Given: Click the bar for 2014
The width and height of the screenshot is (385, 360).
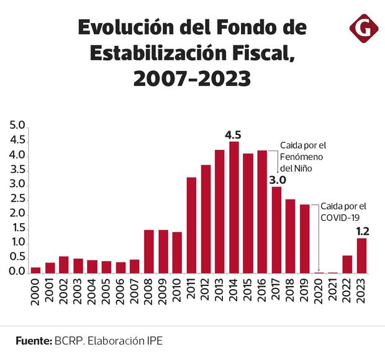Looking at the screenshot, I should (234, 208).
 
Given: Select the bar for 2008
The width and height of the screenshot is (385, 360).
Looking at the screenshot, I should (149, 251).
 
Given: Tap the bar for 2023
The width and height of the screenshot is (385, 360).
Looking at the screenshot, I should (361, 256).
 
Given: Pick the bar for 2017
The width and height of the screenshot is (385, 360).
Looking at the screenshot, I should (276, 229).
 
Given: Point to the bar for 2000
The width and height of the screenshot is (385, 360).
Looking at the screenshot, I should (35, 270).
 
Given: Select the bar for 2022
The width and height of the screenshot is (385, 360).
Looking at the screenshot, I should (347, 264).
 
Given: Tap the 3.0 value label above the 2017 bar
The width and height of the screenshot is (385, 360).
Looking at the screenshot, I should (276, 180).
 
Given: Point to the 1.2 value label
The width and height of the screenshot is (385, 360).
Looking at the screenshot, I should (362, 231).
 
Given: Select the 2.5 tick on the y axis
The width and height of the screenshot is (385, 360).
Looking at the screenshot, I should (17, 200).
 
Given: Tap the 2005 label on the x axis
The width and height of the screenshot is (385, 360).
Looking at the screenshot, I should (107, 292).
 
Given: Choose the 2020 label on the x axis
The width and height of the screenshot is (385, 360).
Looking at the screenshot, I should (319, 292).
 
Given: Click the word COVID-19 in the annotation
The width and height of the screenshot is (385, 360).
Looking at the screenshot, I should (340, 218).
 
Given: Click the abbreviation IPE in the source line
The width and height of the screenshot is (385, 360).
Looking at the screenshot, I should (155, 341).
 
